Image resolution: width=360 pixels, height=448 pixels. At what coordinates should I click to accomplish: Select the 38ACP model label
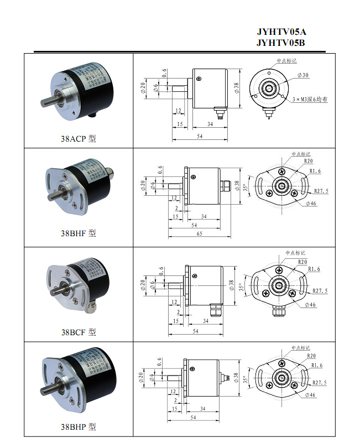coord(78,138)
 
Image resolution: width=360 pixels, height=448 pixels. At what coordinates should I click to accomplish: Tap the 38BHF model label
coord(78,233)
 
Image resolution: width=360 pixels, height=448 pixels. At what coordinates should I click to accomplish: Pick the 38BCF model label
coord(78,332)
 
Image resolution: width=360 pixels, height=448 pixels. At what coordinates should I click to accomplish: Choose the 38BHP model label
coord(78,427)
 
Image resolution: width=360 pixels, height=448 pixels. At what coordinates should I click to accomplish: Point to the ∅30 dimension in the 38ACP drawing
coord(303,75)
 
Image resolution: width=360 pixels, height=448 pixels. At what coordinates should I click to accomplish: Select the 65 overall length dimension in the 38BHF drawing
coord(199,234)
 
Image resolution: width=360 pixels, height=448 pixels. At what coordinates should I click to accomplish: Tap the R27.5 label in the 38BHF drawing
coord(321,191)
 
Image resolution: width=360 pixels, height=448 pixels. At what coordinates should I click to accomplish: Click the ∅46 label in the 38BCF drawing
coord(310,305)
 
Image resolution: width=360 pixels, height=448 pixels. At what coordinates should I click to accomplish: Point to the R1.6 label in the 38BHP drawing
coord(316,366)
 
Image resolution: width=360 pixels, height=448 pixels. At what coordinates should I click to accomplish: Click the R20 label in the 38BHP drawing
coord(310,357)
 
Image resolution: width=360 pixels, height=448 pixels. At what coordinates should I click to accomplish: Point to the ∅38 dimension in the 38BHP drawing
coord(237,378)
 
